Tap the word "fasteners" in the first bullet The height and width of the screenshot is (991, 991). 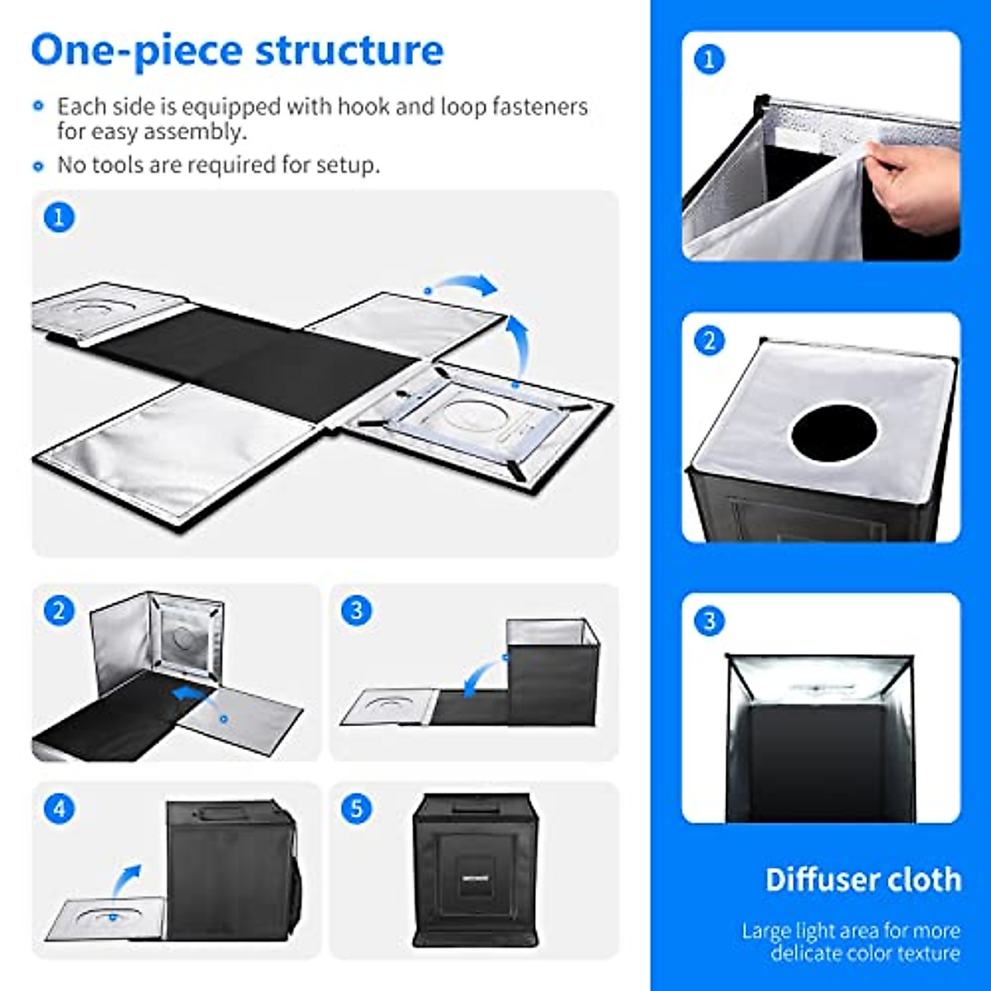tap(540, 107)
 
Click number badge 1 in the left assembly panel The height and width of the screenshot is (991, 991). tap(58, 218)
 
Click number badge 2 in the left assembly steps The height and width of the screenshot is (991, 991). tap(58, 611)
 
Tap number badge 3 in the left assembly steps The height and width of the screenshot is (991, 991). tap(356, 611)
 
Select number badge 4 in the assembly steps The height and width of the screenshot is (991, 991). tap(58, 808)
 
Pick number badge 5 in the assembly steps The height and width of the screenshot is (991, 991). tap(356, 808)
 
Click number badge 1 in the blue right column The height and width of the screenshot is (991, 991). tap(709, 59)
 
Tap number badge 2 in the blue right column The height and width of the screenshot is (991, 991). tap(709, 340)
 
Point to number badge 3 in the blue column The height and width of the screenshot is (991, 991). tap(709, 621)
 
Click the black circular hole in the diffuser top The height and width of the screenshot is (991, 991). tap(833, 433)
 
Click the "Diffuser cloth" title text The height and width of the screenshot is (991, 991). tap(863, 880)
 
